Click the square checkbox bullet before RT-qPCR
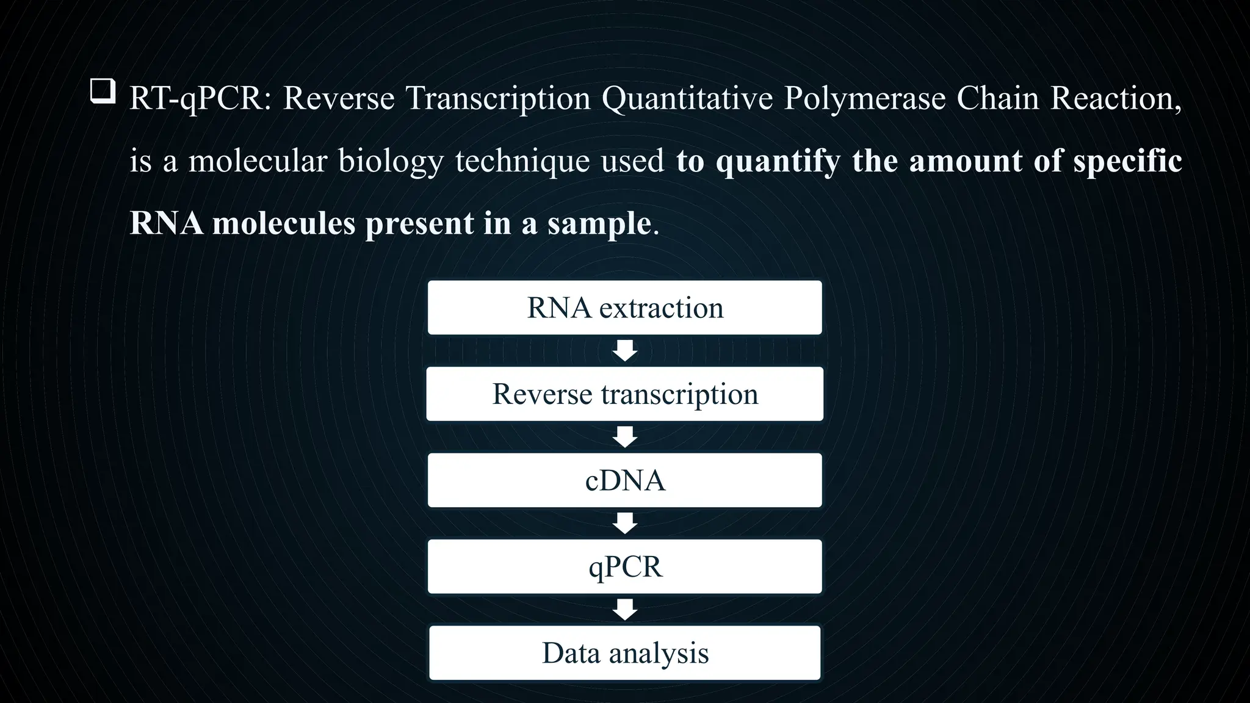(x=103, y=92)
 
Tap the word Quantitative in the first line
(x=687, y=98)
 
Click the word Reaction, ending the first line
(x=1116, y=98)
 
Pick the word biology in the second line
(x=391, y=162)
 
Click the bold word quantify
(x=778, y=162)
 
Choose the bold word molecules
(x=284, y=223)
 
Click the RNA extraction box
(x=624, y=308)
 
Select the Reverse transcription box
(x=624, y=394)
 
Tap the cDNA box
(x=624, y=480)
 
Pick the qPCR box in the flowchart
(x=624, y=566)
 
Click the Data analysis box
(x=624, y=653)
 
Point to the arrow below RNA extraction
(x=625, y=351)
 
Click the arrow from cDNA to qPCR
(x=625, y=523)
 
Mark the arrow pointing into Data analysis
(x=625, y=610)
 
